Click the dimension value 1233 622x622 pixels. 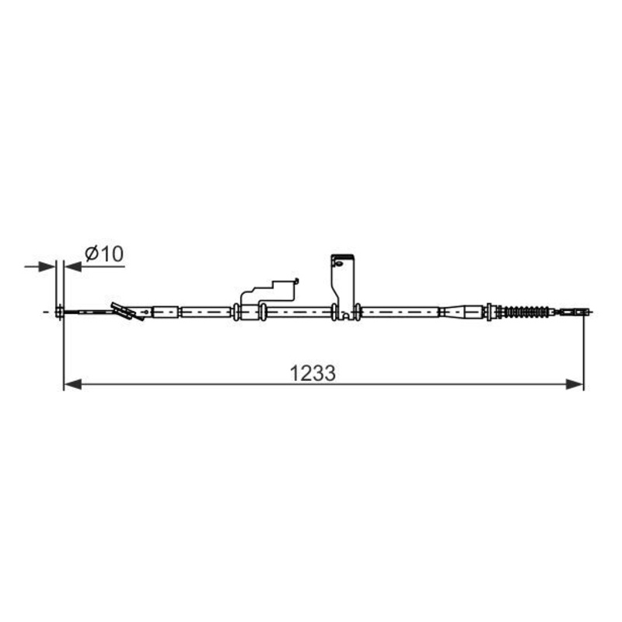click(x=313, y=373)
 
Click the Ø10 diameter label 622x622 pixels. click(x=104, y=254)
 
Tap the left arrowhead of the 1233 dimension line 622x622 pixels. click(x=72, y=384)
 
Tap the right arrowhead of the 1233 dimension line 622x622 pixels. click(x=575, y=384)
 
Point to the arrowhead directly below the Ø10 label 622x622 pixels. click(x=72, y=267)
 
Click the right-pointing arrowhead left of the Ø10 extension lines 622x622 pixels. click(x=47, y=267)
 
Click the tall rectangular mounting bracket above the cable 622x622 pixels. click(x=343, y=285)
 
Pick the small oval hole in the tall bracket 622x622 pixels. click(x=338, y=263)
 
